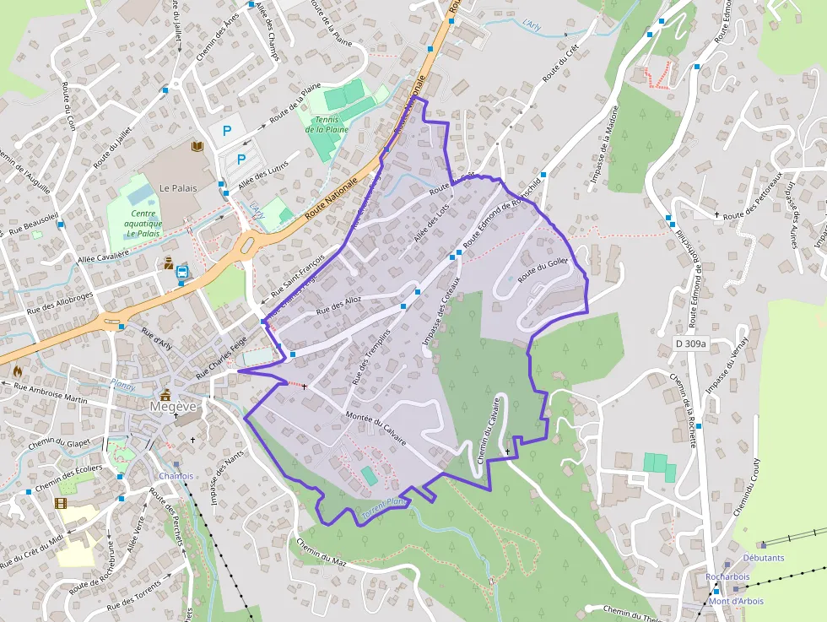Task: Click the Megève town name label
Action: click(173, 406)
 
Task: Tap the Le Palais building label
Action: click(178, 187)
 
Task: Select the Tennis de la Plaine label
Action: click(327, 125)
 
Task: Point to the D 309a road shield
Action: click(690, 343)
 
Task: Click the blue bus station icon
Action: click(181, 272)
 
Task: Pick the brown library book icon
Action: click(198, 146)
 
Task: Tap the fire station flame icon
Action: click(18, 370)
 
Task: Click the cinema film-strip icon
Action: click(61, 503)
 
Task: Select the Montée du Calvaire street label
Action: click(376, 429)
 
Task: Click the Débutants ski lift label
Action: click(763, 558)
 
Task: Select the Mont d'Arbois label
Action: click(735, 601)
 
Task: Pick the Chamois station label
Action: click(176, 476)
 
